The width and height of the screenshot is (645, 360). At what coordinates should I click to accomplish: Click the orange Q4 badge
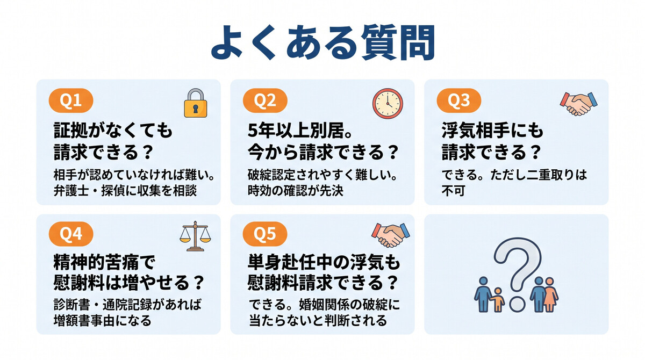(x=71, y=234)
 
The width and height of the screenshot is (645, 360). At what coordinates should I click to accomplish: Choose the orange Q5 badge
(x=264, y=234)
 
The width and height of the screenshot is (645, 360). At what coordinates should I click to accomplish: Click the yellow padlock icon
(x=195, y=103)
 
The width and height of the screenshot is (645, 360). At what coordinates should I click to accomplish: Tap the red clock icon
(x=388, y=103)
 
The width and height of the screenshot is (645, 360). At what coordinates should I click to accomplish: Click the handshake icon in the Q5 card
(x=390, y=234)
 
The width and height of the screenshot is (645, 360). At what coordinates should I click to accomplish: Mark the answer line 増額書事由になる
(x=102, y=321)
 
